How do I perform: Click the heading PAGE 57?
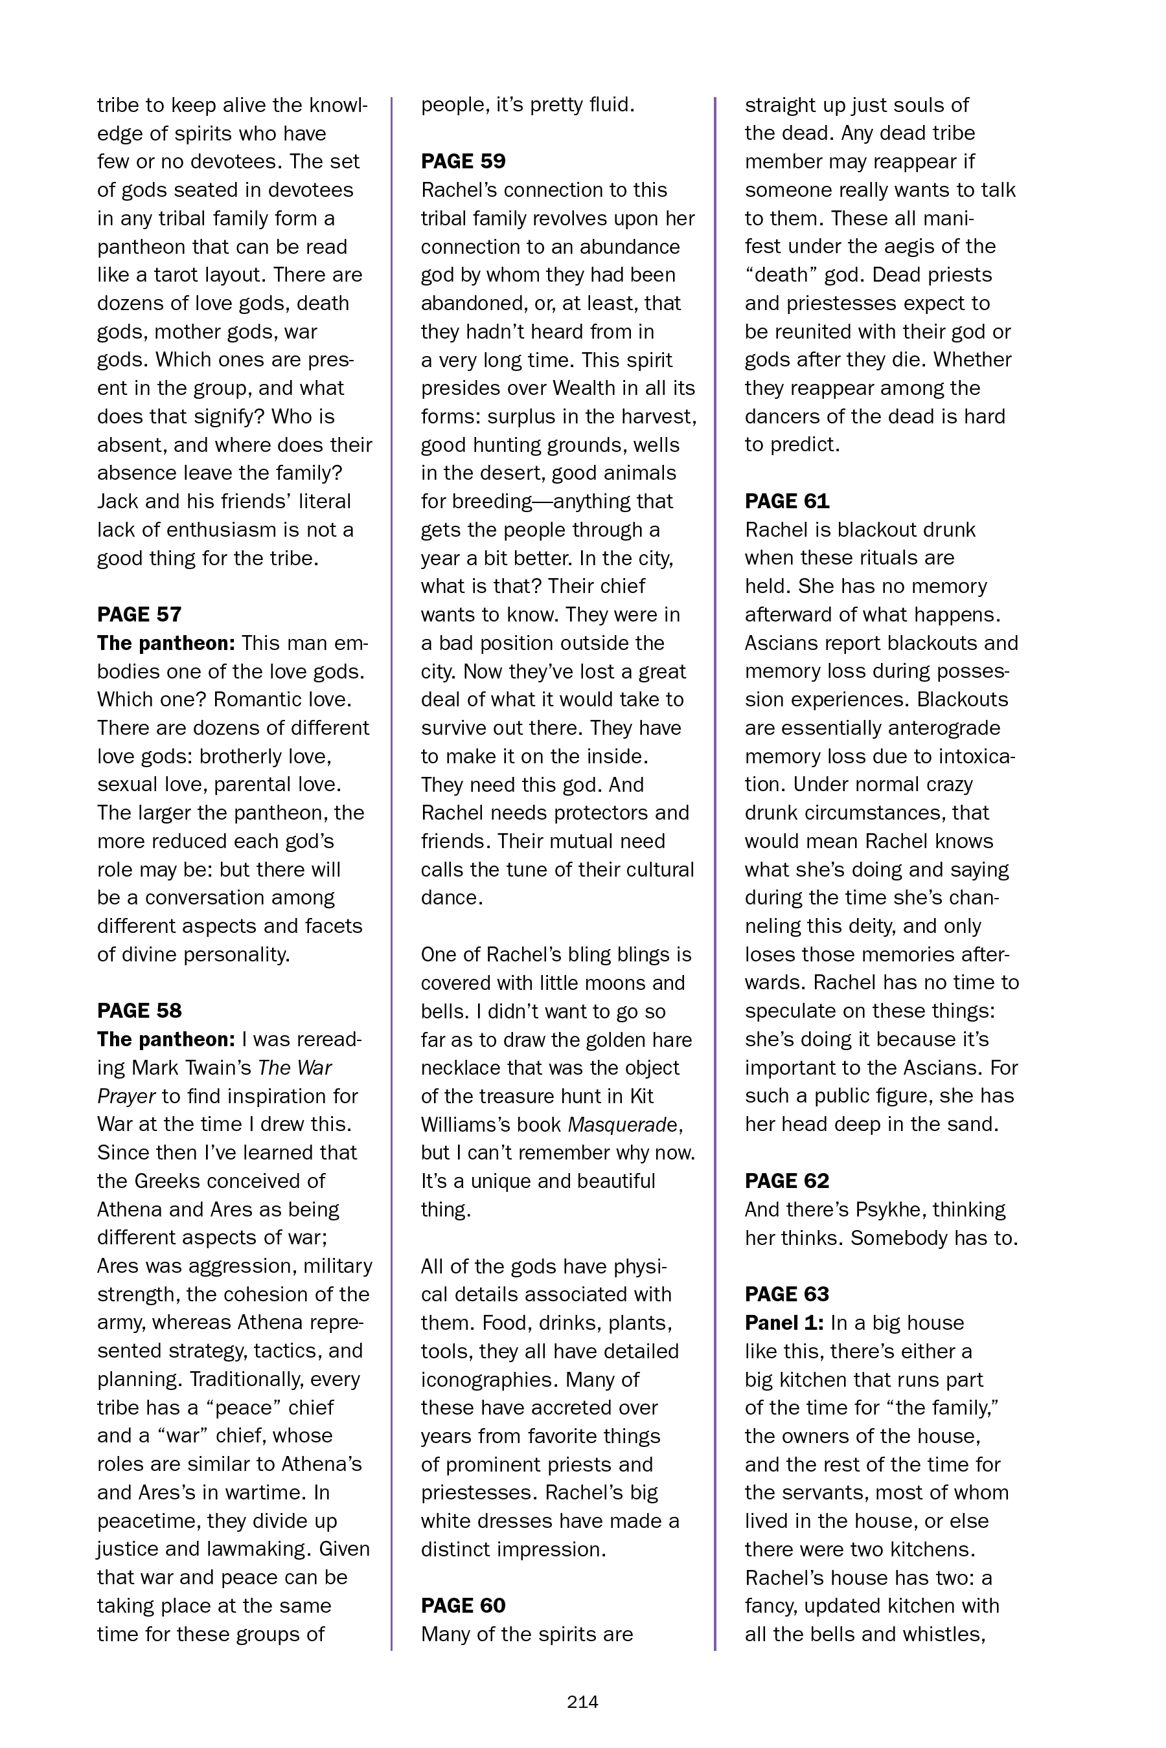(x=139, y=614)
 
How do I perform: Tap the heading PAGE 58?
(x=139, y=1010)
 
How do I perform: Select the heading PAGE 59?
(x=463, y=161)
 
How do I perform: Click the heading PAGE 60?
(x=463, y=1606)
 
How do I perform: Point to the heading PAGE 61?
(x=787, y=501)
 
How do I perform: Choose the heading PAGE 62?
(x=787, y=1180)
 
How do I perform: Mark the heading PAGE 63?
(x=787, y=1294)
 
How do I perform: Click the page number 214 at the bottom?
(x=582, y=1702)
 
